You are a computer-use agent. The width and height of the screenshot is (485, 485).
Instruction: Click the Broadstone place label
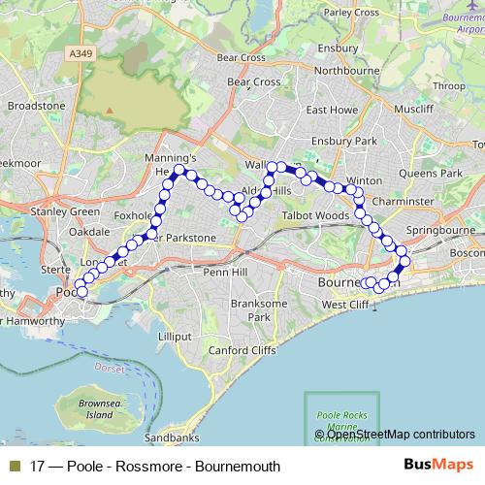(36, 105)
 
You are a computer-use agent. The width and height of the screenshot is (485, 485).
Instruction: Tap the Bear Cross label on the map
(242, 58)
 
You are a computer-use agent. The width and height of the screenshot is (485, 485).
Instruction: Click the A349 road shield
(83, 56)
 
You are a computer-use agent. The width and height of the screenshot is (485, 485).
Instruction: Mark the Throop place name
(449, 85)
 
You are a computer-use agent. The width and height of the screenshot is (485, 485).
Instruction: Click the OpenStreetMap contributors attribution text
(400, 434)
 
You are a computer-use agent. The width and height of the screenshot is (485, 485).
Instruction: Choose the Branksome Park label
(256, 309)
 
